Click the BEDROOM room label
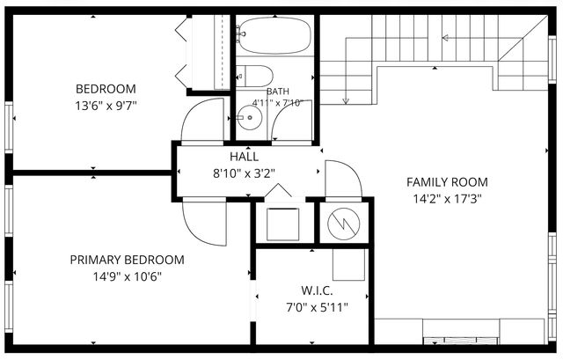pos(106,89)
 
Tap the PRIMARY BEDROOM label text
pos(127,260)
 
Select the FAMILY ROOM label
pos(447,182)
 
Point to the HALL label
pos(245,157)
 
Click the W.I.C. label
pos(317,290)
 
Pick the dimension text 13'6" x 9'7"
pos(106,106)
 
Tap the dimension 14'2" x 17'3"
pos(447,199)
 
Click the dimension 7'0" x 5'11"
pos(317,307)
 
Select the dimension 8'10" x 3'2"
pos(245,174)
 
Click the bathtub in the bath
pos(275,35)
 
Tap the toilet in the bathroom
pos(254,77)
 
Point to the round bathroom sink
pos(250,117)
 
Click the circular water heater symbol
pos(344,224)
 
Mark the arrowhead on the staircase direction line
pos(445,38)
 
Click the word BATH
pos(278,92)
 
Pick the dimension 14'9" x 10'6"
pos(127,277)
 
